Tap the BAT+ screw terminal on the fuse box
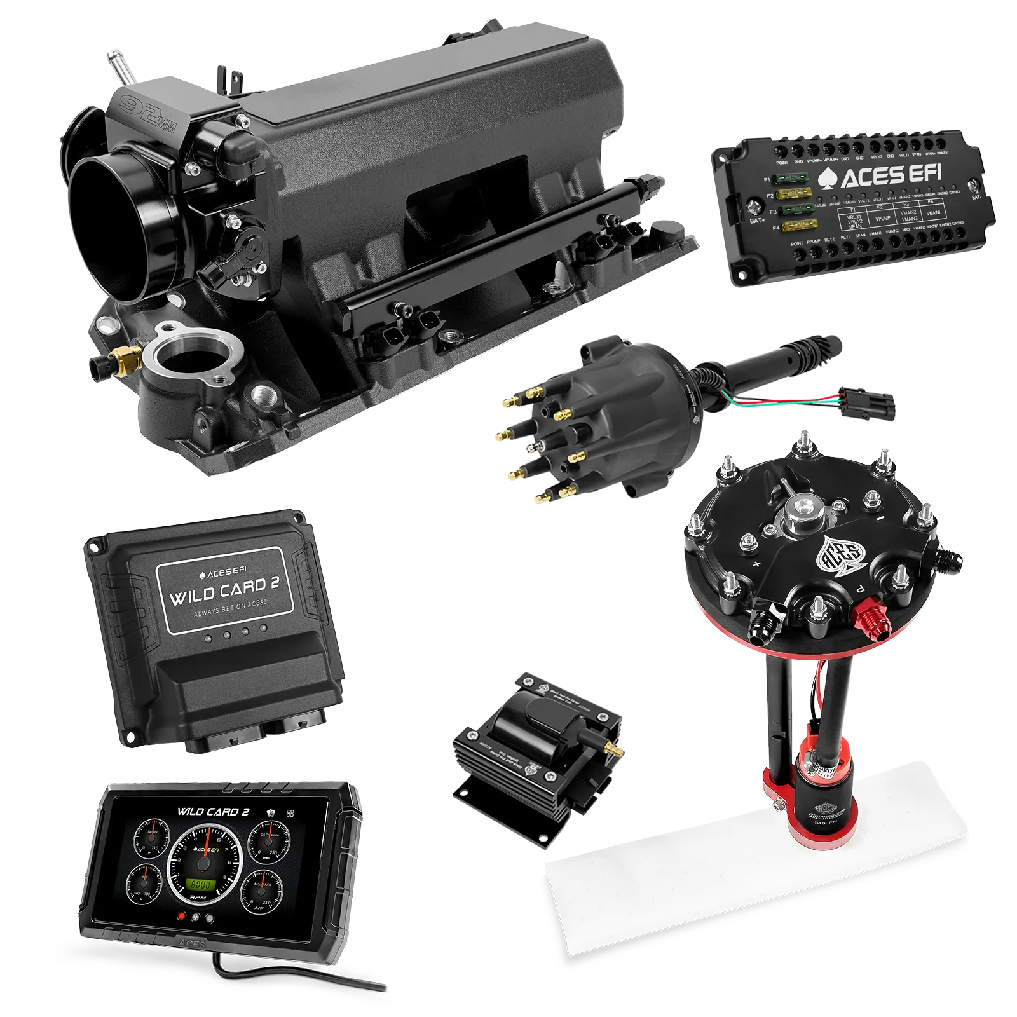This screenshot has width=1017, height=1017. click(x=755, y=207)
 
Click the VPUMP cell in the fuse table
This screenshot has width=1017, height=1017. click(x=884, y=218)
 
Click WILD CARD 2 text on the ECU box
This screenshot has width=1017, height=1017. click(x=224, y=590)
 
